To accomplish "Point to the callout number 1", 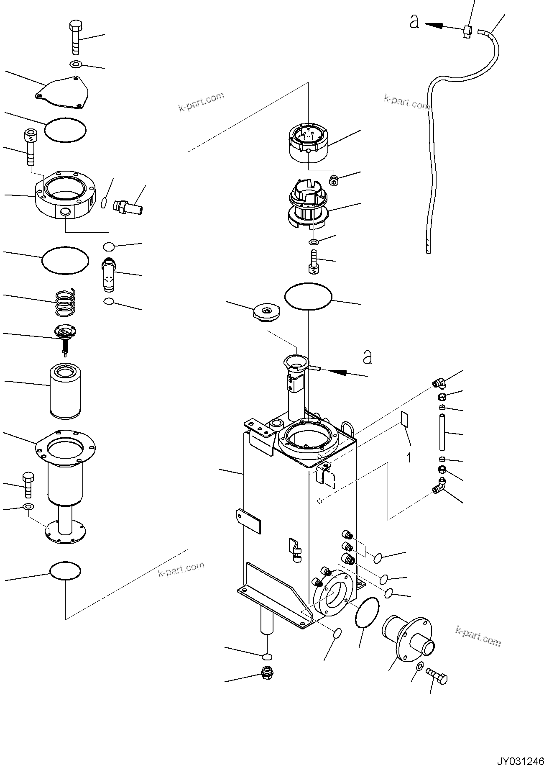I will pyautogui.click(x=409, y=457).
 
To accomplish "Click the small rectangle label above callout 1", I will pyautogui.click(x=404, y=419).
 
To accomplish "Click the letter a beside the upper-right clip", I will pyautogui.click(x=414, y=22).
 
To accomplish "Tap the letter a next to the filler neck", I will pyautogui.click(x=367, y=357).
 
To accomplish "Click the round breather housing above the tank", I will pyautogui.click(x=309, y=142).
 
